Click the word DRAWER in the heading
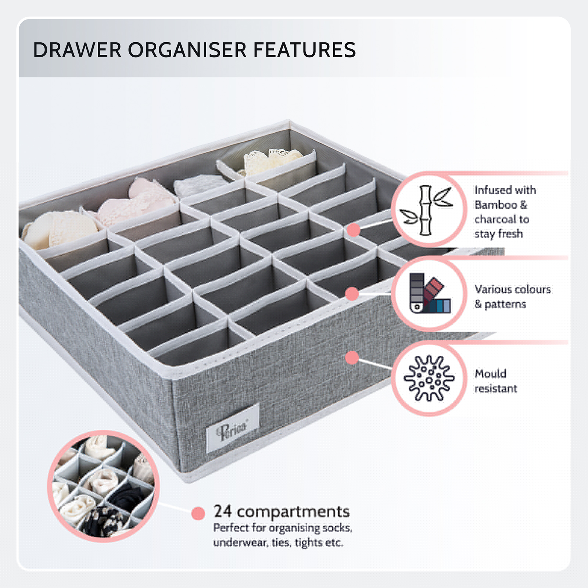click(77, 50)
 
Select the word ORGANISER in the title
click(187, 50)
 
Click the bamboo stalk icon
click(426, 210)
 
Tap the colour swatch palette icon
click(429, 293)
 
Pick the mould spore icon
click(429, 378)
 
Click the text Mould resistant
click(495, 381)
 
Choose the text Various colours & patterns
click(512, 297)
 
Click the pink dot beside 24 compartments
click(198, 513)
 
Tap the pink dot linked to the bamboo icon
click(354, 230)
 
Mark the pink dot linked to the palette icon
click(352, 294)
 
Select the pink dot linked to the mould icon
click(352, 357)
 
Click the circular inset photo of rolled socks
click(103, 486)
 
